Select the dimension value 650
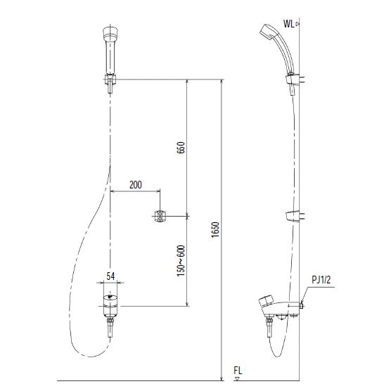(181, 148)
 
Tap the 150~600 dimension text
(181, 259)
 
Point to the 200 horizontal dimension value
(136, 185)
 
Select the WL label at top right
(288, 23)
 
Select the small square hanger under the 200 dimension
(160, 217)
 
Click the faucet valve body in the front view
(110, 304)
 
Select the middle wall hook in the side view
(295, 216)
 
